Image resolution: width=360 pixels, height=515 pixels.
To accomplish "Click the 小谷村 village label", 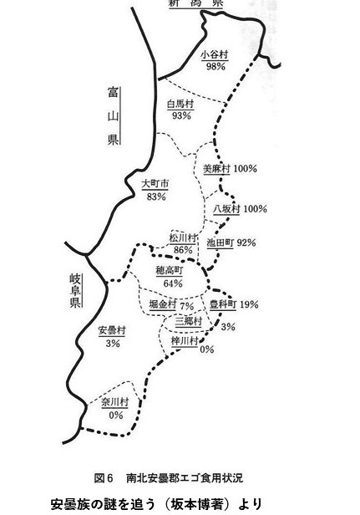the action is [215, 54].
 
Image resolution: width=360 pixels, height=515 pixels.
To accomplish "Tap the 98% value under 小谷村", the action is [215, 67].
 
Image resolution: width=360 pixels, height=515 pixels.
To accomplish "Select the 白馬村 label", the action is [180, 105].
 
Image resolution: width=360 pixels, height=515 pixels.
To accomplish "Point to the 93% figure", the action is [181, 115].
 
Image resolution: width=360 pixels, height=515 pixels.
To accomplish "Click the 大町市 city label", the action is [155, 184].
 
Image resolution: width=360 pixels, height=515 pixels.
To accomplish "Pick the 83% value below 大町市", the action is [156, 196].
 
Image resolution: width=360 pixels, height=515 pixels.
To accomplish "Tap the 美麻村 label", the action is [216, 169].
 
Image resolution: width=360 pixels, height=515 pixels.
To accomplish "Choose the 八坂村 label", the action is [226, 209].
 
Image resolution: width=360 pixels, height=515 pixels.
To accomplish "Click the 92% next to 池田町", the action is [246, 242].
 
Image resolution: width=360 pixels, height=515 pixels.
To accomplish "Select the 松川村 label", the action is [182, 237].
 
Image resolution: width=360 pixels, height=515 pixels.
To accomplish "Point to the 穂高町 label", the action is [169, 271].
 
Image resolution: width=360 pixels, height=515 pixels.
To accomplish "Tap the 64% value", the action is [173, 283].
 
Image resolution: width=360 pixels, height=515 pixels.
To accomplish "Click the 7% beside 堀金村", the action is [187, 306].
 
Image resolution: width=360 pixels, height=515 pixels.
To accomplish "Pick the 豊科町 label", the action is [223, 304].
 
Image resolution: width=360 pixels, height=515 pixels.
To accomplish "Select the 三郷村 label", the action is [189, 321].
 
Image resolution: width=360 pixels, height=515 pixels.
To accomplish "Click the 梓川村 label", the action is [185, 342].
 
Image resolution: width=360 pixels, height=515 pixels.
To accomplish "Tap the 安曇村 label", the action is [112, 331].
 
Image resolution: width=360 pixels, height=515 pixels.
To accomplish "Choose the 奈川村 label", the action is [115, 402].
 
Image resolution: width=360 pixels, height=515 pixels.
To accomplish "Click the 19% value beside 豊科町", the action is [249, 304].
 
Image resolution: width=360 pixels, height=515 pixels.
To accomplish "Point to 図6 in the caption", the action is [104, 478].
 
